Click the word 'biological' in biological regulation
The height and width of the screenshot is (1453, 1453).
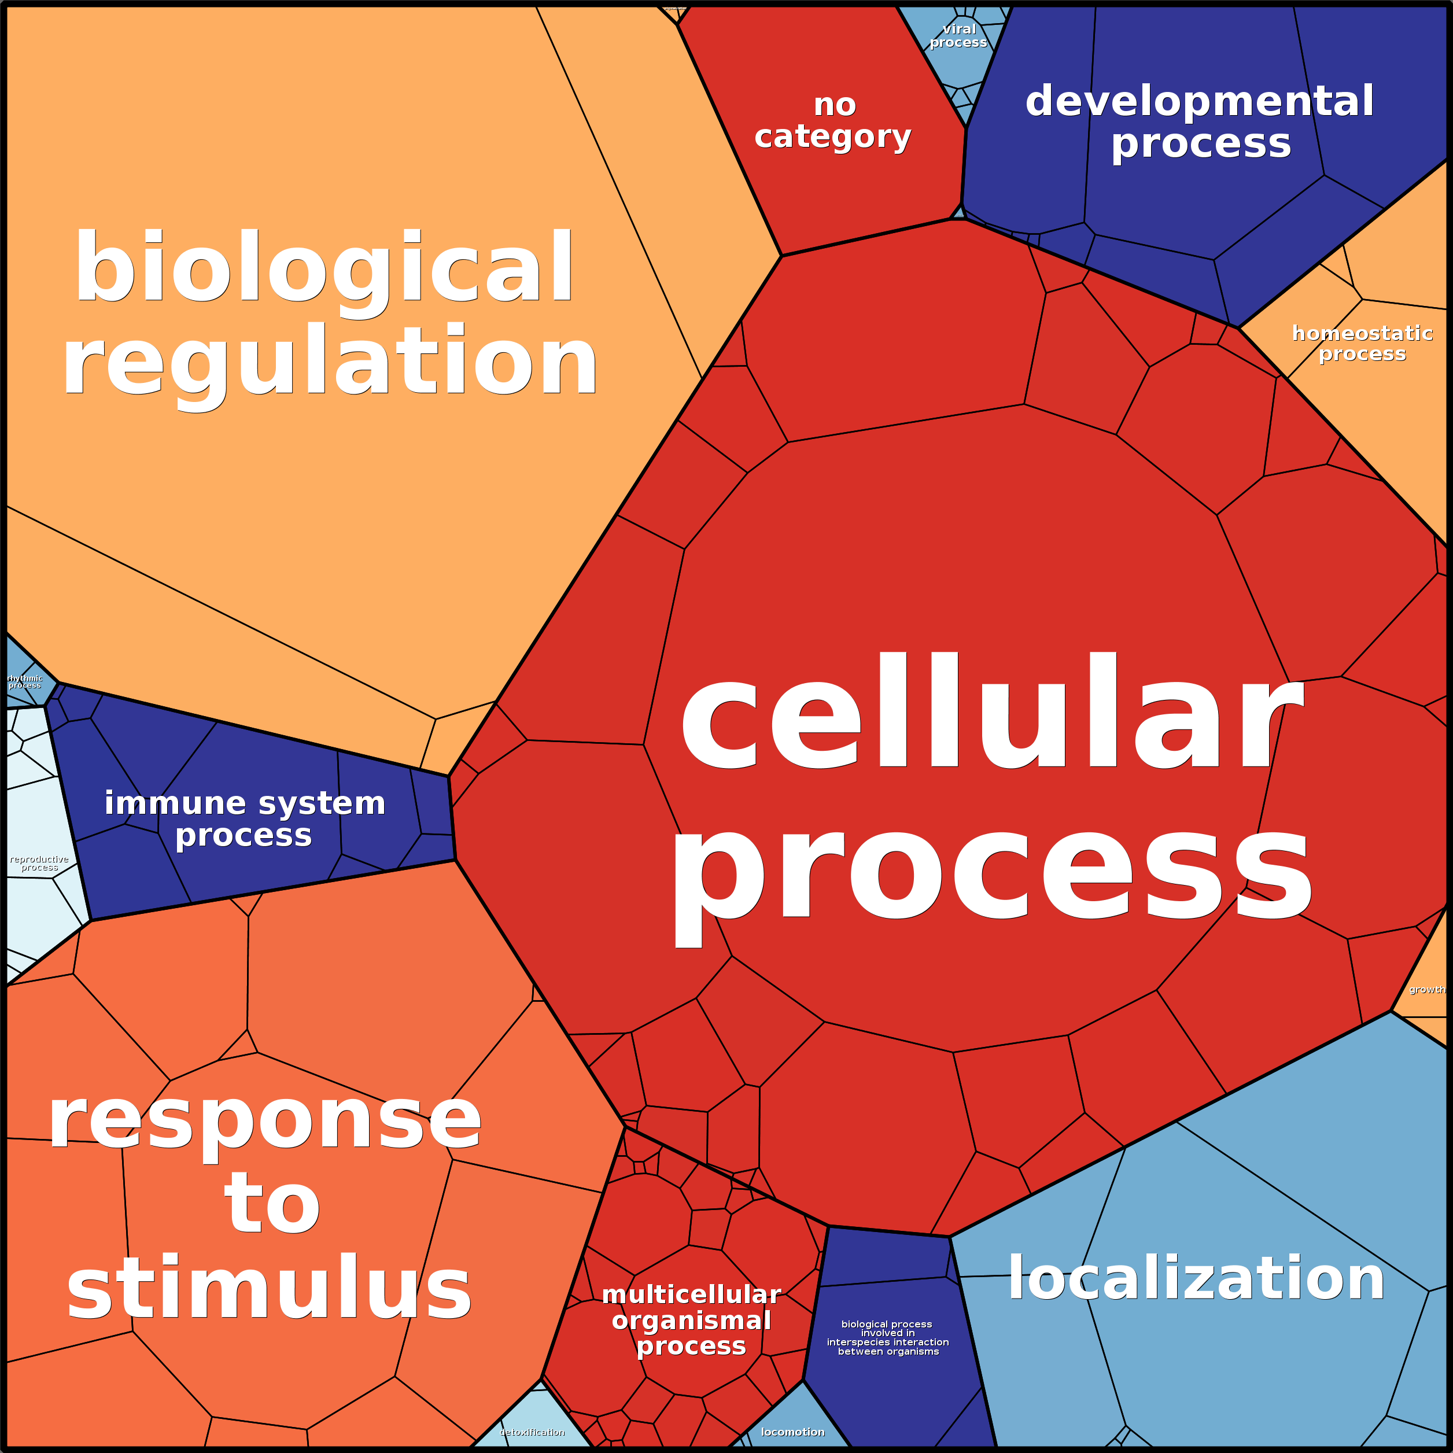323,269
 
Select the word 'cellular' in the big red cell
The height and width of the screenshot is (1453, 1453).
991,713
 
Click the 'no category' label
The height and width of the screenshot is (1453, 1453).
834,121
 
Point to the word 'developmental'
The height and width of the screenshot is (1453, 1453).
1200,102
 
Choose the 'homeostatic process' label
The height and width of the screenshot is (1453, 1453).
1362,343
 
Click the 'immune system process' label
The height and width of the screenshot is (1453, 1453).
245,819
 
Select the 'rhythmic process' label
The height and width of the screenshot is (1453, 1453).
25,681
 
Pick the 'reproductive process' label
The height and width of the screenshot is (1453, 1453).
39,864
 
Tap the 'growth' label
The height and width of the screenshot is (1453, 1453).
1426,990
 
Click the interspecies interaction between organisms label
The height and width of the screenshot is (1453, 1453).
887,1337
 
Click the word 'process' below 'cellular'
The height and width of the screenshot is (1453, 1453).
991,874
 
